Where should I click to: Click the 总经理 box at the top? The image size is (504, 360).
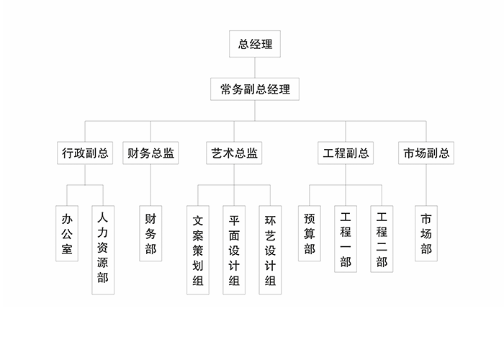click(x=255, y=44)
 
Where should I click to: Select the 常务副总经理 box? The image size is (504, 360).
click(x=255, y=89)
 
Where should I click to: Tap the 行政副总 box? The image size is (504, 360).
click(x=85, y=153)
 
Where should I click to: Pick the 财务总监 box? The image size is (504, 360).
click(x=150, y=153)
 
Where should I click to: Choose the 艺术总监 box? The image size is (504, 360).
click(x=234, y=153)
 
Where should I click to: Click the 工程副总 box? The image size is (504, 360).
click(x=346, y=153)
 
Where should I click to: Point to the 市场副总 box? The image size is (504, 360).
click(x=426, y=153)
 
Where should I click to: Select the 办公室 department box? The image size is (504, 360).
click(x=67, y=233)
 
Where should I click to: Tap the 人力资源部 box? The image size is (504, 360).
click(x=103, y=250)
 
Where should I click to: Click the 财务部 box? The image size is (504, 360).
click(x=150, y=233)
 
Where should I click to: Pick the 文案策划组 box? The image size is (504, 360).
click(x=198, y=250)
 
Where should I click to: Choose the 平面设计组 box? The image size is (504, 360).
click(x=234, y=250)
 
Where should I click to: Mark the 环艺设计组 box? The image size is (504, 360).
click(x=270, y=250)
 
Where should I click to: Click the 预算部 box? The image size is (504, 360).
click(x=310, y=233)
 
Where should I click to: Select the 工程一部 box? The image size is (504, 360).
click(x=346, y=239)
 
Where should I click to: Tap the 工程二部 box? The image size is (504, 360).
click(x=382, y=239)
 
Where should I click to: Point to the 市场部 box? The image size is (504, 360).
click(x=426, y=233)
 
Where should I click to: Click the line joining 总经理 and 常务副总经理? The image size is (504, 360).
click(x=255, y=68)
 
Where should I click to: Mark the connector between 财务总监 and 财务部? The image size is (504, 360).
click(x=150, y=185)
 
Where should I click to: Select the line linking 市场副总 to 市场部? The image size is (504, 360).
click(x=426, y=185)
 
